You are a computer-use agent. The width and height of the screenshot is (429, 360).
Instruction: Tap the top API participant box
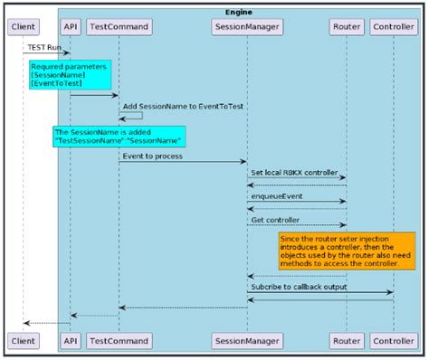(x=70, y=27)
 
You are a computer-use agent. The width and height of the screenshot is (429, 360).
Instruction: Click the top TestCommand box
(x=119, y=27)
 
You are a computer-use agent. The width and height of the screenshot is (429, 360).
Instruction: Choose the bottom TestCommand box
(x=119, y=340)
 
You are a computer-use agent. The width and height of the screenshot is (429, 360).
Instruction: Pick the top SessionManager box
(x=247, y=27)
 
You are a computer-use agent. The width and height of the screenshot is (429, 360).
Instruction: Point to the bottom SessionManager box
(x=247, y=340)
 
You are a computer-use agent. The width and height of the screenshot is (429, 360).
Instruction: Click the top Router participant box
(x=347, y=27)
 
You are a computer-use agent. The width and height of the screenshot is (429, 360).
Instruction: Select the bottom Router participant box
(x=347, y=340)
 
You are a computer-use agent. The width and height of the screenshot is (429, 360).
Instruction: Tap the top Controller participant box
(x=395, y=27)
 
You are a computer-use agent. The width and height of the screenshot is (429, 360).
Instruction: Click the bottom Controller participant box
(x=395, y=340)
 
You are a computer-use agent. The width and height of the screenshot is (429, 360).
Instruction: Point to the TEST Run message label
(x=44, y=46)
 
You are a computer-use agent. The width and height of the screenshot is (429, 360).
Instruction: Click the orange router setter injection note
(x=346, y=251)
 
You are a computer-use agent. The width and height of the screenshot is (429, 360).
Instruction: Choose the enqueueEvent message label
(x=277, y=195)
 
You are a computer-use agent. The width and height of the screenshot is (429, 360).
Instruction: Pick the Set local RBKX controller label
(x=295, y=172)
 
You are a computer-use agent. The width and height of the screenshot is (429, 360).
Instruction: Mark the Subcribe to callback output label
(x=300, y=287)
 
